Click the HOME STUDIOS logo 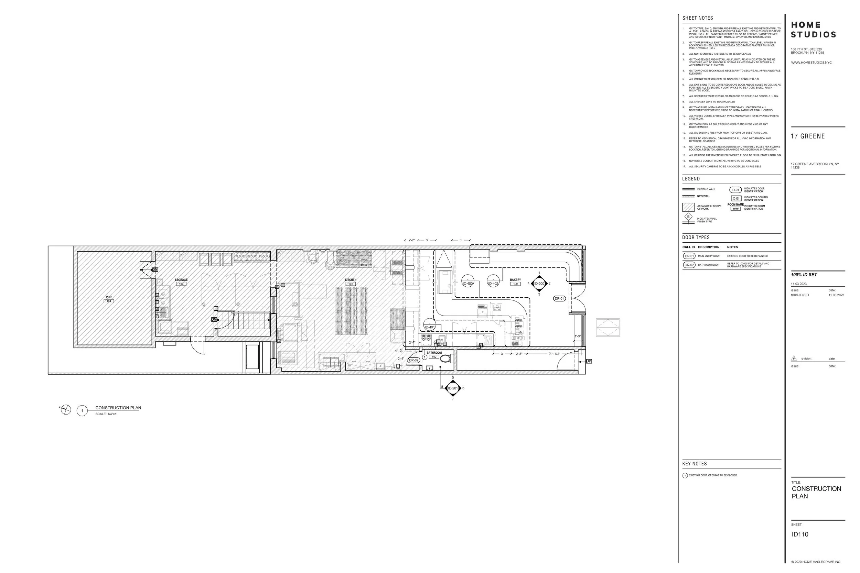[813, 30]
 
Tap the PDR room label [109, 297]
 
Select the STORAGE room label [181, 280]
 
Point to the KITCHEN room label [350, 280]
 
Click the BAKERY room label [515, 280]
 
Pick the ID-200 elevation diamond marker [539, 284]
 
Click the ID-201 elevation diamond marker [453, 388]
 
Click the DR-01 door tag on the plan [559, 299]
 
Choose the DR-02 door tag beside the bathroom [413, 360]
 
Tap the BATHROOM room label [434, 353]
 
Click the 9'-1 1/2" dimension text [554, 354]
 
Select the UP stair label [589, 361]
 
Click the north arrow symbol [66, 410]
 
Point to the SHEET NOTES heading [697, 18]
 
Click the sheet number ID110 [800, 534]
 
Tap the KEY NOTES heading [694, 464]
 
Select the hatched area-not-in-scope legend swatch [688, 207]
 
